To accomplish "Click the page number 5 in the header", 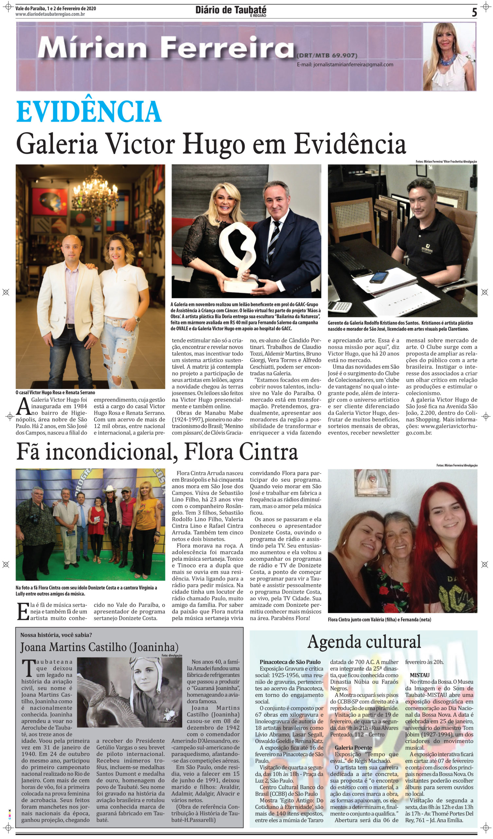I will click(474, 12).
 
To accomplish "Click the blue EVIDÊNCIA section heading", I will click(89, 111).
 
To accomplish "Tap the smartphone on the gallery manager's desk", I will click(379, 277).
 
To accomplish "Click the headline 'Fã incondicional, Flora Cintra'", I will click(157, 452).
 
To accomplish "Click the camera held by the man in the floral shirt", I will click(33, 519).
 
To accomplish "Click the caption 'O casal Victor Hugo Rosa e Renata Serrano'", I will click(55, 393).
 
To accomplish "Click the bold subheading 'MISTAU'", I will click(419, 675).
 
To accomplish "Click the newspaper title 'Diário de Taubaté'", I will click(230, 10).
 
